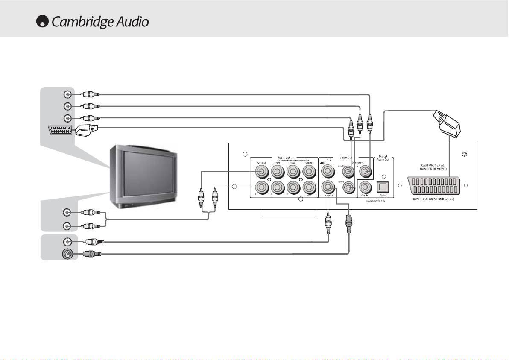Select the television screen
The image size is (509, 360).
pos(145,173)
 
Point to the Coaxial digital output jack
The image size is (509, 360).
pos(365,187)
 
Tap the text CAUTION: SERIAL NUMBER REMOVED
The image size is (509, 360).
pos(433,167)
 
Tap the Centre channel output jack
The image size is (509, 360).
pos(308,172)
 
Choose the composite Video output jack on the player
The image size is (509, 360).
pos(328,172)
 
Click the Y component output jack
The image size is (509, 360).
pos(365,172)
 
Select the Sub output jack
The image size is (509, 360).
pos(308,187)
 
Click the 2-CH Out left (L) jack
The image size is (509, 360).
pos(261,172)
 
